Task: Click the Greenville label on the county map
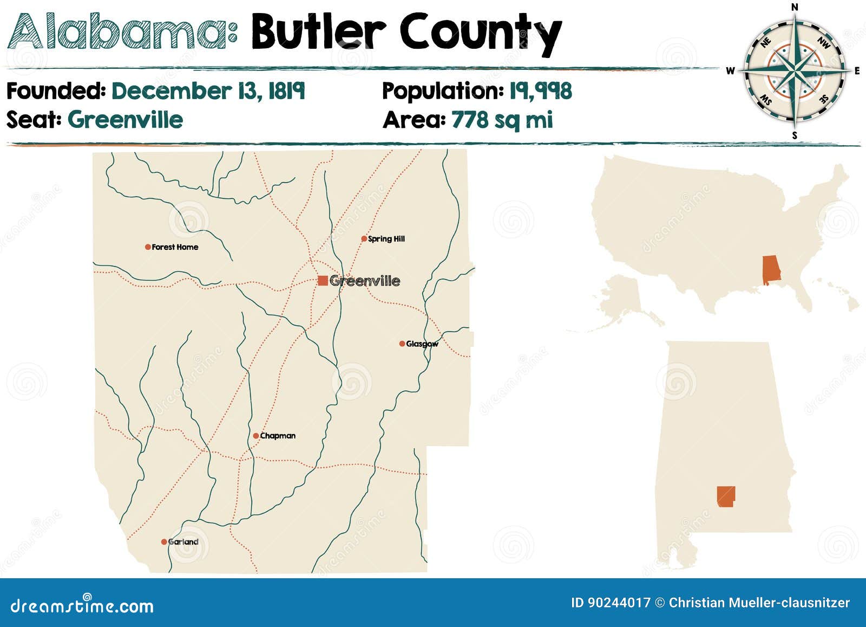coord(364,281)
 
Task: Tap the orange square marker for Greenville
coord(323,280)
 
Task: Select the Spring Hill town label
coord(386,239)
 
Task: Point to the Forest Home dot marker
coord(148,247)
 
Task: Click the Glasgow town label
coord(422,344)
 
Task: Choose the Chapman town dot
coord(256,436)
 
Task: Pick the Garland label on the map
coord(183,542)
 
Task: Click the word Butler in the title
coord(318,33)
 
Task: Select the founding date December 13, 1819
coord(208,91)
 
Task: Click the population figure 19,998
coord(540,91)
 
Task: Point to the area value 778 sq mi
coord(502,120)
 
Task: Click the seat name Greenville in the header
coord(125,120)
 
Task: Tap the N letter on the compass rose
coord(795,7)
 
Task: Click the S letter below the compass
coord(795,135)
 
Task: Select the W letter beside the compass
coord(730,71)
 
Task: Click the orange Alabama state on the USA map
coord(771,270)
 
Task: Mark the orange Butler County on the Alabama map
coord(726,496)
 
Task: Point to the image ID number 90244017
coord(619,603)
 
